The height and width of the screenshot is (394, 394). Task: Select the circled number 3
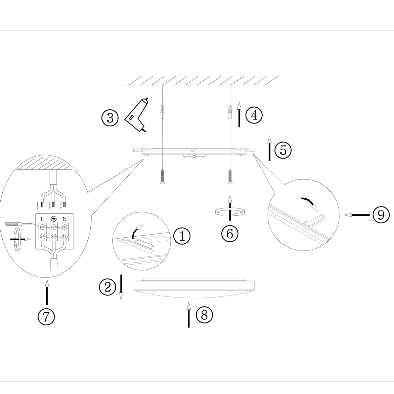(110, 118)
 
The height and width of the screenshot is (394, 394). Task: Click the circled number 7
(46, 317)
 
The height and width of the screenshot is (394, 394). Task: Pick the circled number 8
(204, 315)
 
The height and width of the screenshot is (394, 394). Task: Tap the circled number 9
(381, 215)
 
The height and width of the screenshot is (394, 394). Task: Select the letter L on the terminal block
(42, 219)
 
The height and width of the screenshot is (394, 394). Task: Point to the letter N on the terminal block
(65, 219)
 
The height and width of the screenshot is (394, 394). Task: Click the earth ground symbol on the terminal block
(53, 219)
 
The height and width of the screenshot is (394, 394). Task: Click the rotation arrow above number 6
(230, 212)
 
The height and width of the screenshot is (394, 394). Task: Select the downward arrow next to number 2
(121, 287)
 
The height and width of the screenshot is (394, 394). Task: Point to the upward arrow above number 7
(47, 292)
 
